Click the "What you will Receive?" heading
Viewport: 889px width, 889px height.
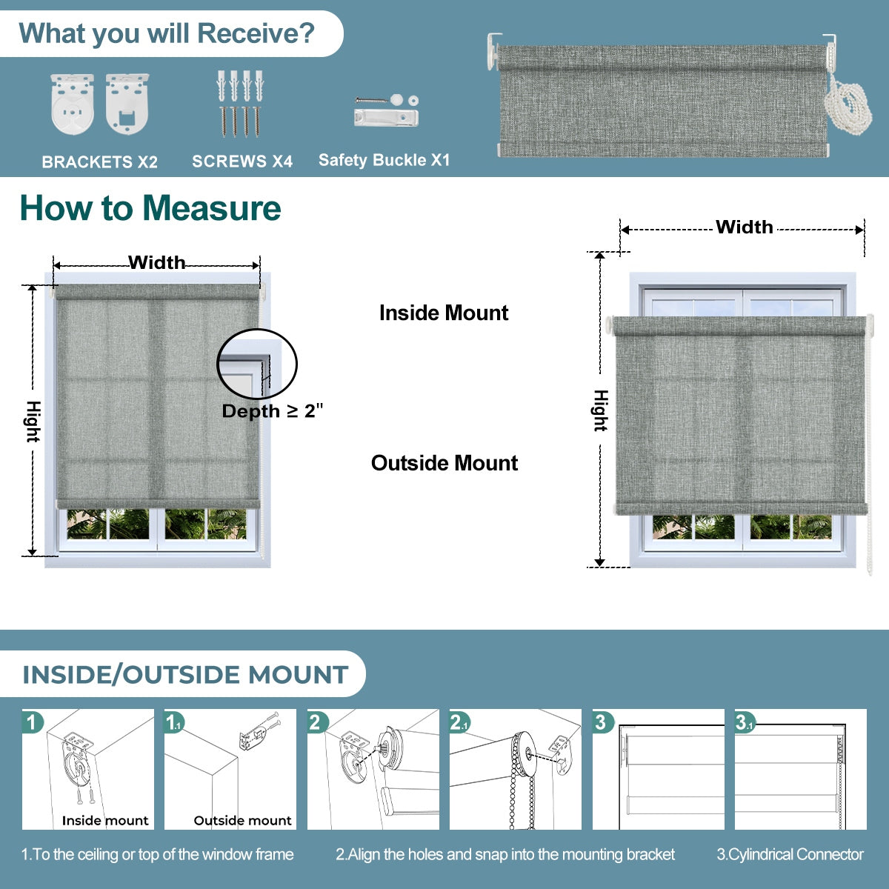click(x=167, y=34)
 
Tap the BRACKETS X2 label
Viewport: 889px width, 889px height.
click(x=100, y=162)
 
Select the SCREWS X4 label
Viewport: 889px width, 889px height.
click(x=242, y=161)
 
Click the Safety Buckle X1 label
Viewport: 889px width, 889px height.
click(x=384, y=160)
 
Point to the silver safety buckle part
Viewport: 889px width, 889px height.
click(x=386, y=117)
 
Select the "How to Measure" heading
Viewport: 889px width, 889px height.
click(x=150, y=208)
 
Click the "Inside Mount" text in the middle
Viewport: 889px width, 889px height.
click(x=443, y=313)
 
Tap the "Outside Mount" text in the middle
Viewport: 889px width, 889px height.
click(x=444, y=463)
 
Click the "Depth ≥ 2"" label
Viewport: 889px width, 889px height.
click(x=273, y=411)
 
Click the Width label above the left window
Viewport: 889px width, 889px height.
click(x=156, y=262)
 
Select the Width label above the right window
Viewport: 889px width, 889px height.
click(x=744, y=227)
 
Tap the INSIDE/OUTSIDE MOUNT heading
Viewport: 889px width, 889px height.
click(x=185, y=675)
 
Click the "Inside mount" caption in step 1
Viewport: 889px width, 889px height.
click(x=105, y=820)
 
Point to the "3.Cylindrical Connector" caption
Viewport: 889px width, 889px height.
click(x=790, y=854)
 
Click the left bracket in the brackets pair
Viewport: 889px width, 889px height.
click(x=72, y=104)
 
